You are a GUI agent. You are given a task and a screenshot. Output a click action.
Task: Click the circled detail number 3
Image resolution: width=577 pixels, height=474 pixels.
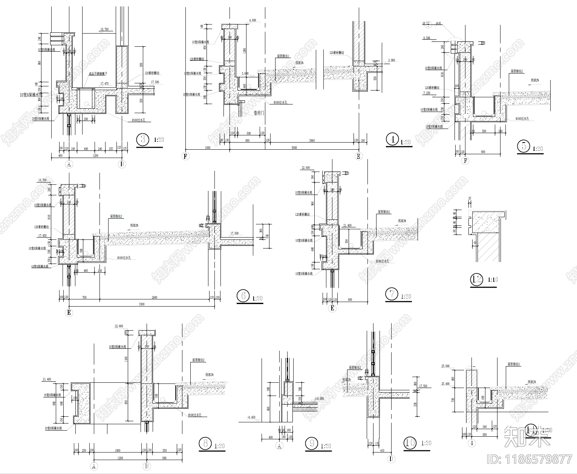pos(142,140)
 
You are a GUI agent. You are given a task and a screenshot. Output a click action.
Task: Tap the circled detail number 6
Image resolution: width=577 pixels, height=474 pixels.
pos(243,296)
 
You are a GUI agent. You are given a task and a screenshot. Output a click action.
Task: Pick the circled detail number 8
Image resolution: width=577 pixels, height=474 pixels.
pos(205,443)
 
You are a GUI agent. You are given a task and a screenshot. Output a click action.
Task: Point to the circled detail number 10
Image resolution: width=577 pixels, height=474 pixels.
pos(410,443)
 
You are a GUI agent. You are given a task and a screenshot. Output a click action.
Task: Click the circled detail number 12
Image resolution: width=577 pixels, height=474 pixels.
pos(476,279)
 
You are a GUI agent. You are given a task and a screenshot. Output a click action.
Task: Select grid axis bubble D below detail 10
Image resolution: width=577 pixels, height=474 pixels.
pos(391,459)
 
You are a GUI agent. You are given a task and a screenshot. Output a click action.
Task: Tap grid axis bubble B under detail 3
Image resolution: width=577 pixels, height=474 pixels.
pos(122,164)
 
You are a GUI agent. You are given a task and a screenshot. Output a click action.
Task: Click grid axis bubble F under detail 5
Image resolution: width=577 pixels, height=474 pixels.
pos(465,161)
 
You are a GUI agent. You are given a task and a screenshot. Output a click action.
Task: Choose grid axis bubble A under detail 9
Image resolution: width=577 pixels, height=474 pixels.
pos(280,446)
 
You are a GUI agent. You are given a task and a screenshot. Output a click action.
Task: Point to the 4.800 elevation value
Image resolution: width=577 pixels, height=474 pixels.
pos(253,20)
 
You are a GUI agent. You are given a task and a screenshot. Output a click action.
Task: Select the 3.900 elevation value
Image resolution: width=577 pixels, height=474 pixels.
pos(391,60)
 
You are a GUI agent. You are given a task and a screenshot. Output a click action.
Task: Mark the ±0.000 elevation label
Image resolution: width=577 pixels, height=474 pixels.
pos(319,399)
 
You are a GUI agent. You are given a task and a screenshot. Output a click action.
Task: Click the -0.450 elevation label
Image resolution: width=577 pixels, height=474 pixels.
pos(251,417)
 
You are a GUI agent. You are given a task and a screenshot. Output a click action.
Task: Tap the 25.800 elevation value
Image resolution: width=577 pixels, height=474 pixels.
pos(445,366)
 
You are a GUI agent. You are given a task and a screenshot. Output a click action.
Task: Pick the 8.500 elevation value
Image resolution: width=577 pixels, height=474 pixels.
pos(427,38)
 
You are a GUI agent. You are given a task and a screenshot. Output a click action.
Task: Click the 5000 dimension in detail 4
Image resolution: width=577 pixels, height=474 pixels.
pos(294,147)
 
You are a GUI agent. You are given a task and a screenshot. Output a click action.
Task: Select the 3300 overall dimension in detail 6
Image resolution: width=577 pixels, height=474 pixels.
pos(141,304)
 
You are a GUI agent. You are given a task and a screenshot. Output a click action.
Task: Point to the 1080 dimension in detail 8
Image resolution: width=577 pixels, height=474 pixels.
pos(117,450)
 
